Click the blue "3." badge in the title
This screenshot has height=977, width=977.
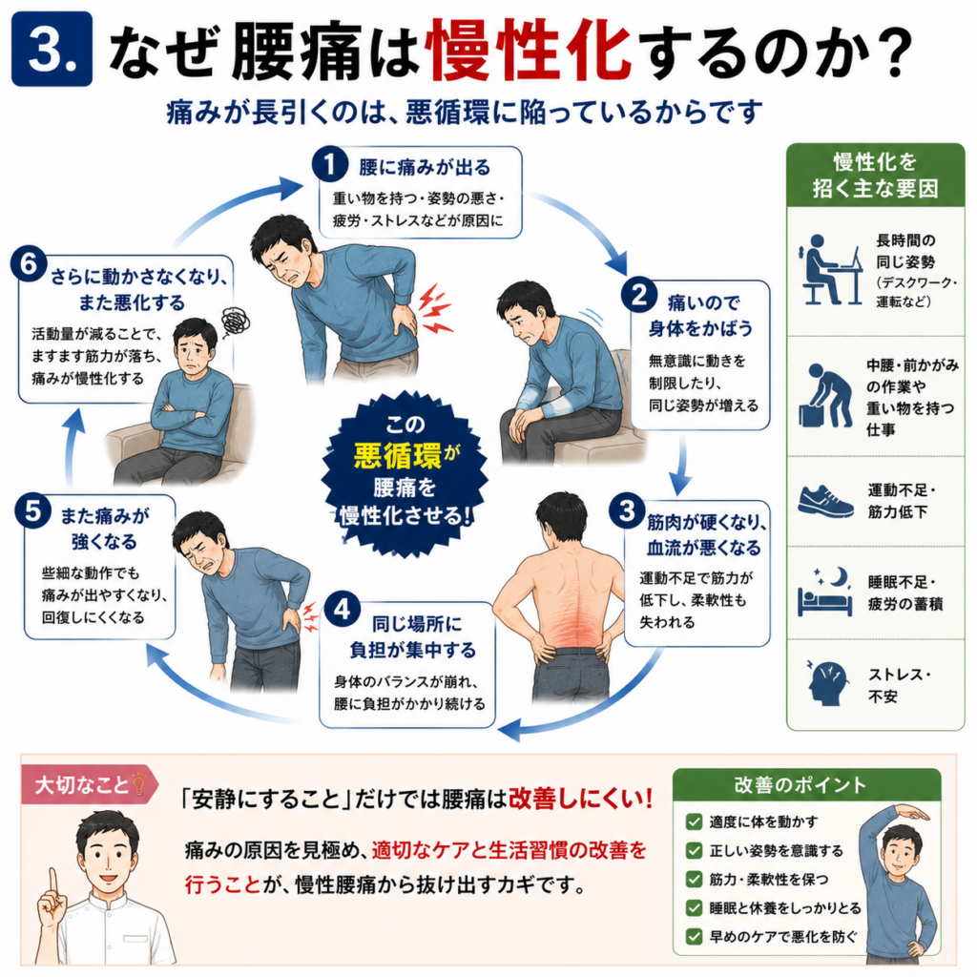[x=52, y=49]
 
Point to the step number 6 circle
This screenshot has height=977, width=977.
[x=29, y=263]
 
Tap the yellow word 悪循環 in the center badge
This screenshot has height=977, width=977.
[x=398, y=455]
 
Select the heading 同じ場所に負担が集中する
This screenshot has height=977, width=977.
[x=412, y=636]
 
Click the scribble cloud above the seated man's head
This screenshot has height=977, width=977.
[x=235, y=322]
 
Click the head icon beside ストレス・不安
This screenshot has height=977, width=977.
[x=827, y=683]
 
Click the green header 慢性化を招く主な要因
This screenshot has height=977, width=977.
[x=876, y=175]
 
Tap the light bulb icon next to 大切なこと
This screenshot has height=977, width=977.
[x=138, y=783]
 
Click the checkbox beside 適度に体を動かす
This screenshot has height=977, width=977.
[x=695, y=821]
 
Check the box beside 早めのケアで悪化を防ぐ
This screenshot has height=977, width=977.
[x=695, y=937]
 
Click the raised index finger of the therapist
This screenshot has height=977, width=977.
[x=54, y=884]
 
